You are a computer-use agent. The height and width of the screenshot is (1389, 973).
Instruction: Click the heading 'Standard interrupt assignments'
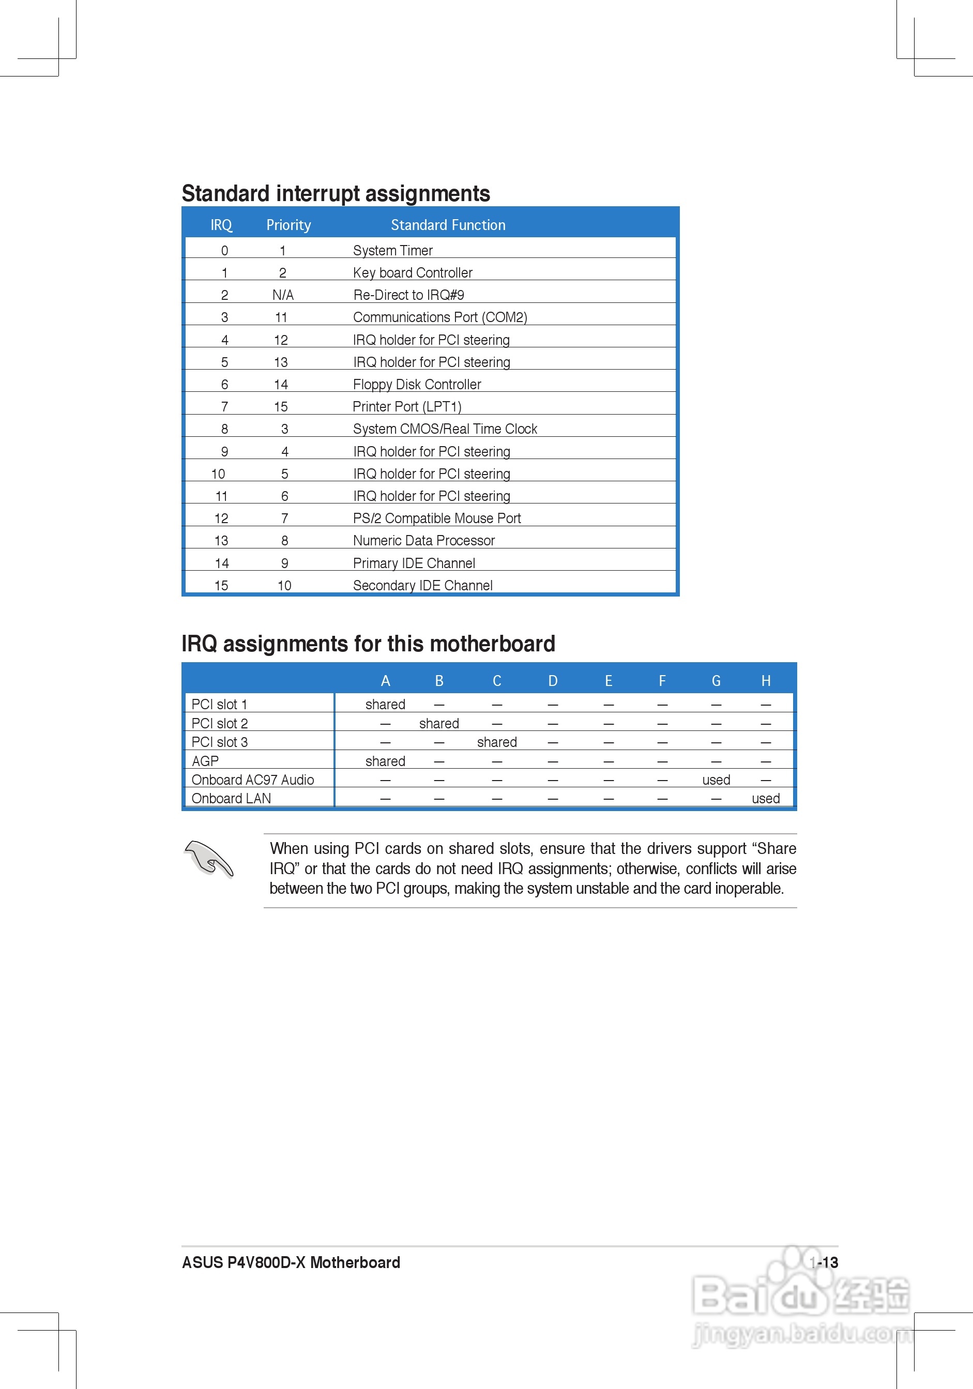coord(336,193)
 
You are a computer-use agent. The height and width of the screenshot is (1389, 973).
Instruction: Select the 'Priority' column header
coord(288,225)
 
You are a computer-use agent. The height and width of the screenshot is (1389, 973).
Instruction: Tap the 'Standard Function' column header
coord(448,225)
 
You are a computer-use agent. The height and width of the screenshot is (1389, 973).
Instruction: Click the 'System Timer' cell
coord(393,251)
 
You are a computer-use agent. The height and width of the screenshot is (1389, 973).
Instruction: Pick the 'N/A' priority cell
coord(283,295)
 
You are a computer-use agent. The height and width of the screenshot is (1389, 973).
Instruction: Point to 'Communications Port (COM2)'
coord(440,317)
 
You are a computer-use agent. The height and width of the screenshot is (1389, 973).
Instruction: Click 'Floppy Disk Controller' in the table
coord(417,385)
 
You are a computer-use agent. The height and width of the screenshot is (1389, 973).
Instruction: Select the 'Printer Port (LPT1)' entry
coord(407,406)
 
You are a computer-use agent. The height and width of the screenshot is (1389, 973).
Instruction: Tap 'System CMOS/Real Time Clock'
coord(445,429)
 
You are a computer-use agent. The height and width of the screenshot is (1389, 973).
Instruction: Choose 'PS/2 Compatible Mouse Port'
coord(437,518)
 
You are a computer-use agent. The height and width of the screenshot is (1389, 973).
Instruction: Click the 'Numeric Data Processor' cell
coord(423,541)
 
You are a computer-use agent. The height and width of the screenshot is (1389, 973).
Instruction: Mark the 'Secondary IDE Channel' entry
coord(422,586)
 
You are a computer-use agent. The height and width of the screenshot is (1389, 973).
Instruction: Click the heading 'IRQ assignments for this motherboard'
coord(368,644)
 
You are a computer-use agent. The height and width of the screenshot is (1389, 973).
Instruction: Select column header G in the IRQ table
coord(716,681)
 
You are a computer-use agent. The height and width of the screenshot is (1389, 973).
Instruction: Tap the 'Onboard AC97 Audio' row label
coord(252,780)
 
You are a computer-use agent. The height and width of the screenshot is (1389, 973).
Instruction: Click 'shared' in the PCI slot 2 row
coord(439,724)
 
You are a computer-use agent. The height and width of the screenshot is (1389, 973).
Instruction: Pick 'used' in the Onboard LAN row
coord(766,799)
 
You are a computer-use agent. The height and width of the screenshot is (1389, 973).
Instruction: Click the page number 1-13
coord(824,1262)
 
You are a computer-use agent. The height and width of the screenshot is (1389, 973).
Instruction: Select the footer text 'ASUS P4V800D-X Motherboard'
coord(291,1262)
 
